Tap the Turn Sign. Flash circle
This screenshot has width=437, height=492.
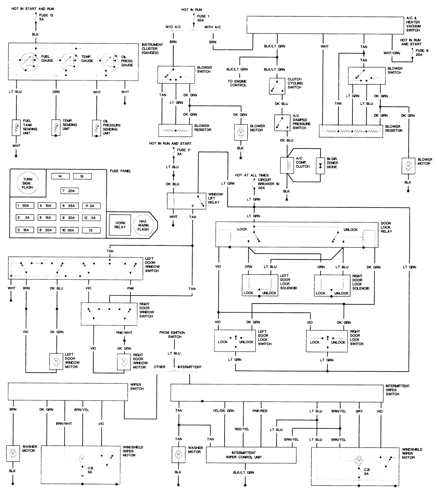click(28, 183)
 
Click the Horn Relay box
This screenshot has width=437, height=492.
click(120, 225)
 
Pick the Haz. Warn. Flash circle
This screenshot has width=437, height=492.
click(143, 225)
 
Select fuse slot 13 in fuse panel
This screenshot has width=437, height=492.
click(91, 230)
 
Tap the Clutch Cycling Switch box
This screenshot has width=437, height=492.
click(277, 87)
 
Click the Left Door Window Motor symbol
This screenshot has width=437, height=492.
click(56, 361)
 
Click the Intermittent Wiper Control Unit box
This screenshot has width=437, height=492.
click(251, 455)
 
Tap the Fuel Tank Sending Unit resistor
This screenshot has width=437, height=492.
click(16, 127)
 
